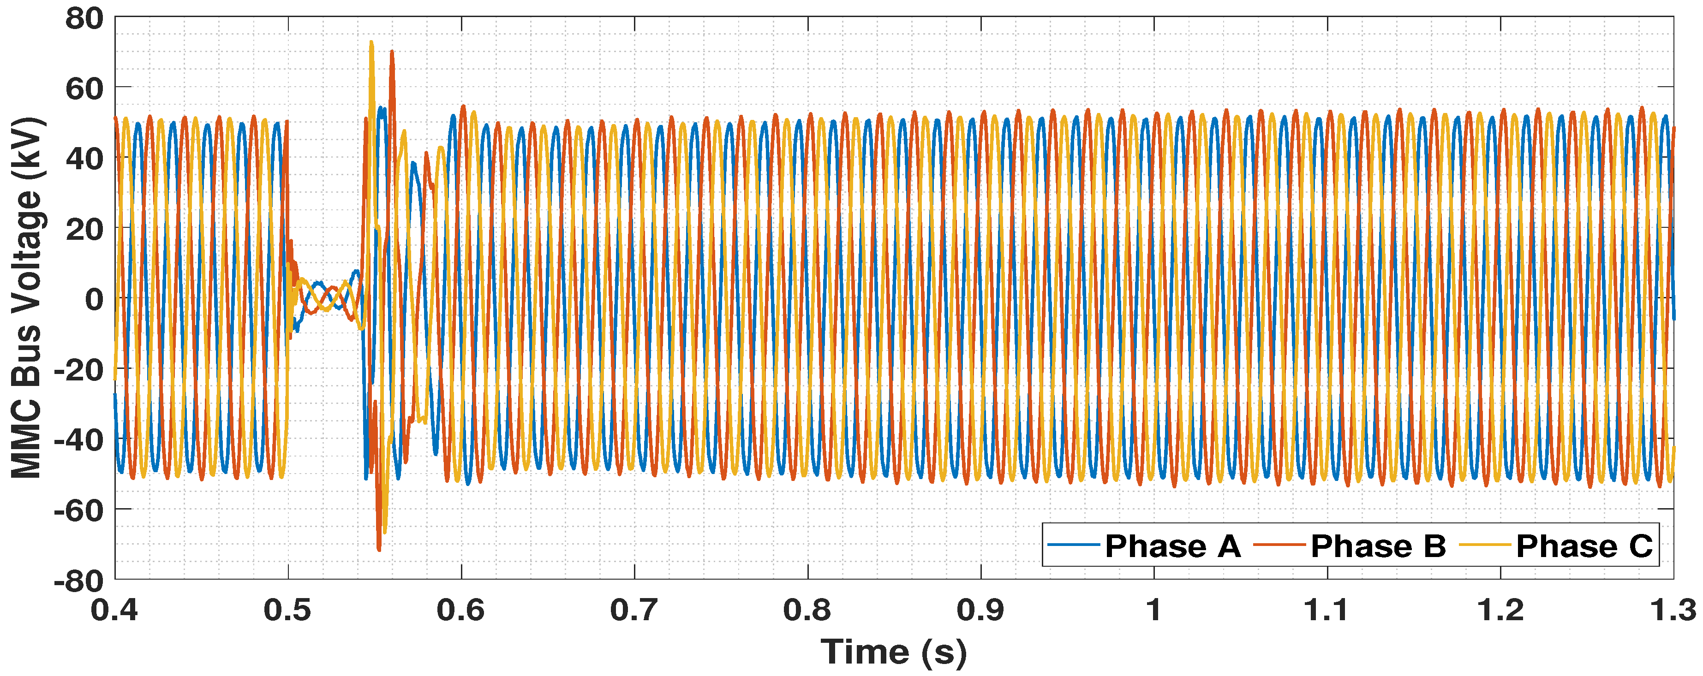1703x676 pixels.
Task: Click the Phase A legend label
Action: pos(1172,546)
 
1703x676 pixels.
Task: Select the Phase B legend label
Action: pos(1378,546)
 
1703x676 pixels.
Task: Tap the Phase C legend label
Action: pos(1584,546)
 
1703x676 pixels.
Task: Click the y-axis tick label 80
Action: pos(84,18)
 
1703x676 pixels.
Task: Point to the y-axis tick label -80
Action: pos(79,581)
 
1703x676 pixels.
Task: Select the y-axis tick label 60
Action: pos(84,89)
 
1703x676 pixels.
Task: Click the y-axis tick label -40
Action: pos(79,440)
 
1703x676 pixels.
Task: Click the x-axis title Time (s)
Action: pos(894,652)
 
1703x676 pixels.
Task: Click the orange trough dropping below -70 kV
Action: pos(379,548)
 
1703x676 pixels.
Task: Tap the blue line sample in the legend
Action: pos(1074,545)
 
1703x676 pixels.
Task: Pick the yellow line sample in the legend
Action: pos(1485,545)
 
